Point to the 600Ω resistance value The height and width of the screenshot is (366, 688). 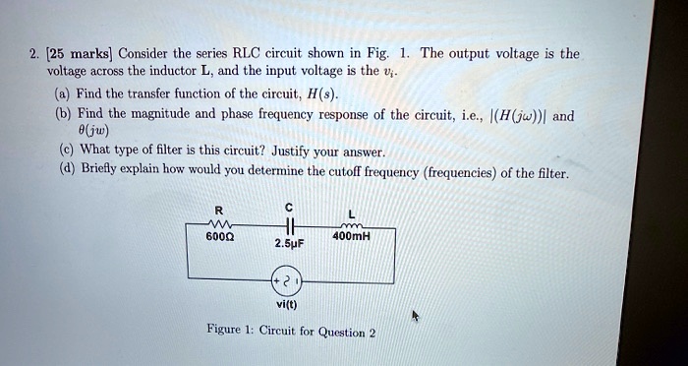tap(218, 236)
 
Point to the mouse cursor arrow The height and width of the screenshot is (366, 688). tap(416, 316)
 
